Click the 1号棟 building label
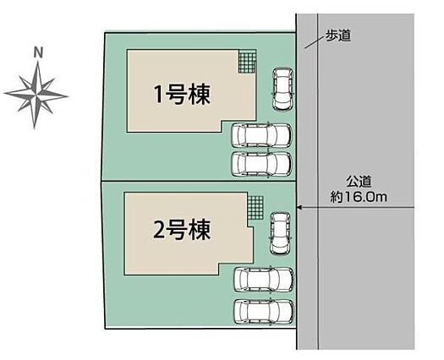coord(182,95)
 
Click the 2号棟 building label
coord(182,230)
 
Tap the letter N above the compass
coord(38,53)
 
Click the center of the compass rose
coord(37,95)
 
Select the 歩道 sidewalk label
coord(338,35)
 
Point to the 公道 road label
coord(359,182)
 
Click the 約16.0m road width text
coord(359,197)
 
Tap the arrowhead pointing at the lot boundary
coord(299,208)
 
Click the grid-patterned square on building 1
coord(247,62)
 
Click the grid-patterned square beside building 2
coord(255,207)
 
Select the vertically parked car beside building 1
coord(282,89)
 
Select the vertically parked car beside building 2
coord(280,233)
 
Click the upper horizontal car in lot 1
coord(261,135)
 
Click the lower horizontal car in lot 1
coord(261,165)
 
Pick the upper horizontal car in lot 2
coord(263,280)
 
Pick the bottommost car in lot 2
coord(263,312)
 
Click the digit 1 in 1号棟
coord(158,95)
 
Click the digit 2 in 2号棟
coord(159,230)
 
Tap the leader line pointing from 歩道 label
coord(315,42)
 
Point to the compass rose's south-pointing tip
coord(35,128)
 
